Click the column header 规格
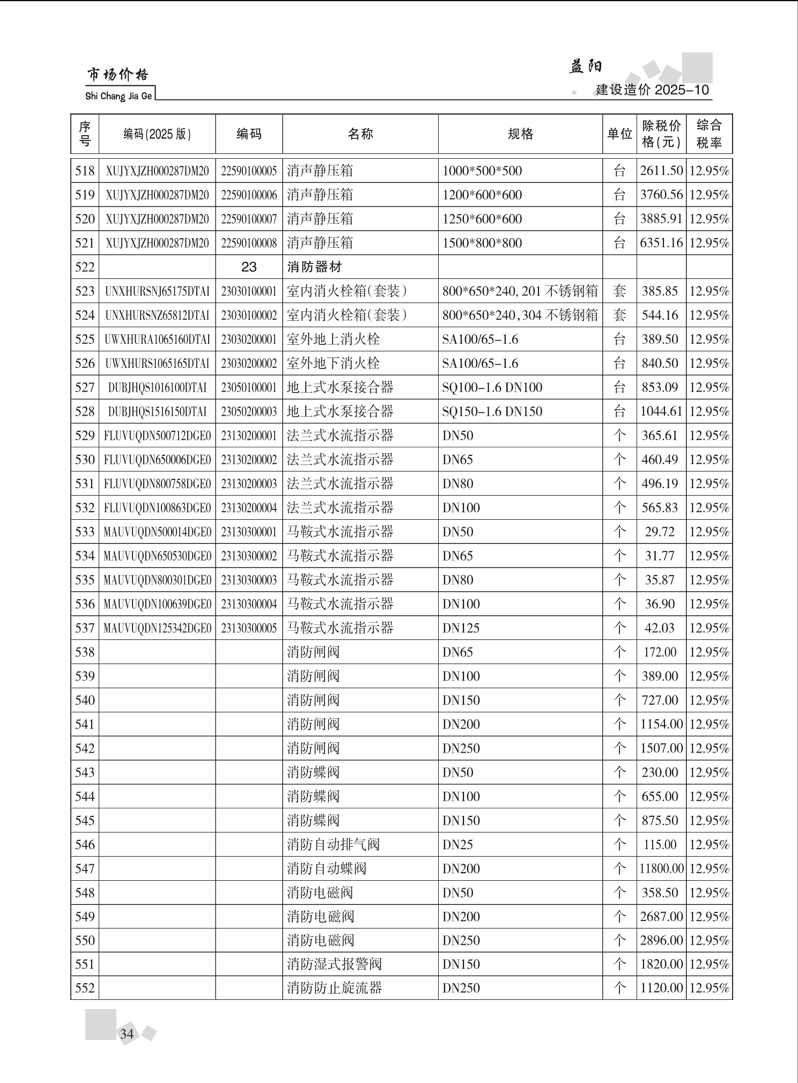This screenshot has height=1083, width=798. click(520, 134)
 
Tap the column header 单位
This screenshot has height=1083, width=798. click(619, 134)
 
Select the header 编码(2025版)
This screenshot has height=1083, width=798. click(157, 134)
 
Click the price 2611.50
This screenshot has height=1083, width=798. click(661, 171)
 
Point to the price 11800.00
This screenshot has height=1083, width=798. click(661, 868)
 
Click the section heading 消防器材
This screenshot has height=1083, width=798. click(314, 267)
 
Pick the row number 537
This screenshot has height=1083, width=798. click(85, 628)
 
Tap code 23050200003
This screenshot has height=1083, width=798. click(249, 411)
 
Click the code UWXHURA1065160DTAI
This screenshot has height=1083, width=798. click(157, 339)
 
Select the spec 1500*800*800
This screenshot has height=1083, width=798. click(482, 243)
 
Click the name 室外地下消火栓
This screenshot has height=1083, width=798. click(333, 363)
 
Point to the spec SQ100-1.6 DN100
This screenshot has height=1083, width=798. click(492, 387)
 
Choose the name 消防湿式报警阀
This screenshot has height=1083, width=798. click(334, 964)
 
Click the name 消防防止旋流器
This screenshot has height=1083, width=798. click(334, 988)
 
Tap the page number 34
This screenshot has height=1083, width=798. click(127, 1034)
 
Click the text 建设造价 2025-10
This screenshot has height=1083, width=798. click(652, 90)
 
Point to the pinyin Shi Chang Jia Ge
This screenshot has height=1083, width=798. click(119, 97)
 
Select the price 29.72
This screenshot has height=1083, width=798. click(660, 532)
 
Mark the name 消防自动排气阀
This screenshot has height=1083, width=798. click(333, 844)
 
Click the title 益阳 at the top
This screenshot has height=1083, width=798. click(586, 67)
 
